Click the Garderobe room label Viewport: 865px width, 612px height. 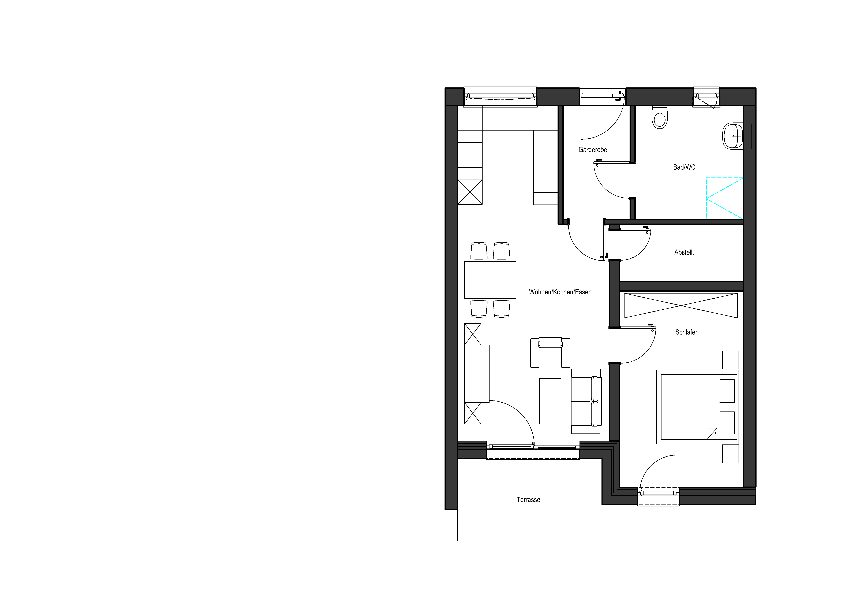593,150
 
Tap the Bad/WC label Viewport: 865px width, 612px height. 684,167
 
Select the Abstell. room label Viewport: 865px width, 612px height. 684,252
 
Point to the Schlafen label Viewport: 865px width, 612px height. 687,332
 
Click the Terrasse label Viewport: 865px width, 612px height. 528,500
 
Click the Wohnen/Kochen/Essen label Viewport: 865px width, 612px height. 560,292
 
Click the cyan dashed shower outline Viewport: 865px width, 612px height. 724,198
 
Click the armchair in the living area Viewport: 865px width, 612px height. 550,353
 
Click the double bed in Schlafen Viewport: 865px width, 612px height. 697,407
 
